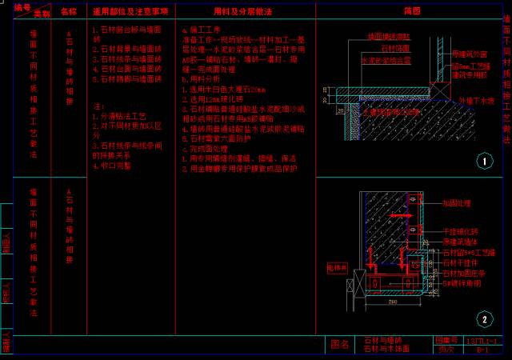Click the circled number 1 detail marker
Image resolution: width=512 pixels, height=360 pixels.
coord(484,162)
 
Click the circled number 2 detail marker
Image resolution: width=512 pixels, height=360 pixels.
coord(484,319)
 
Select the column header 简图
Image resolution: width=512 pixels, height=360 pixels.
coord(412,11)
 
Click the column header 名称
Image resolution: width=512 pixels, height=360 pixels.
coord(69,12)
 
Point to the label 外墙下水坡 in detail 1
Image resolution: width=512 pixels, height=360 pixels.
coord(477,102)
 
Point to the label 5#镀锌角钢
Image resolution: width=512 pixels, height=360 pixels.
coord(462,283)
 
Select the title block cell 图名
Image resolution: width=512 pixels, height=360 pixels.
coord(339,345)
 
